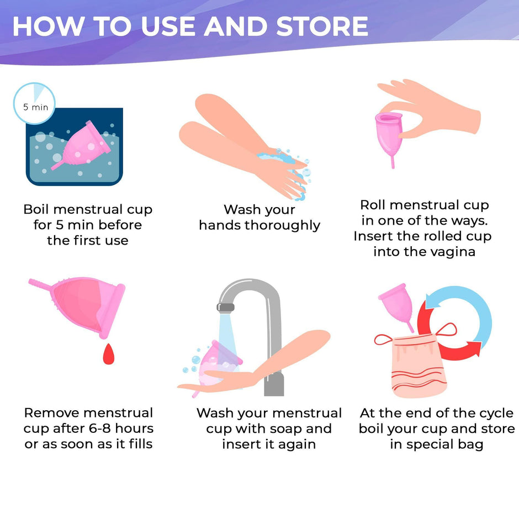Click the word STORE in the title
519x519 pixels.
[x=322, y=26]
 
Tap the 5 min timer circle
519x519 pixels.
[x=34, y=103]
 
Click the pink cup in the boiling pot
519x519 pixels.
[x=81, y=146]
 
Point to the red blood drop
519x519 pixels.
[x=109, y=354]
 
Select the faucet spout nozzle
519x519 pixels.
[x=226, y=308]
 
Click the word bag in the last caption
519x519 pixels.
[x=470, y=444]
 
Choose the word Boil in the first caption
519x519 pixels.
[x=36, y=209]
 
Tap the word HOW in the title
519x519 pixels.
[x=49, y=26]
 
